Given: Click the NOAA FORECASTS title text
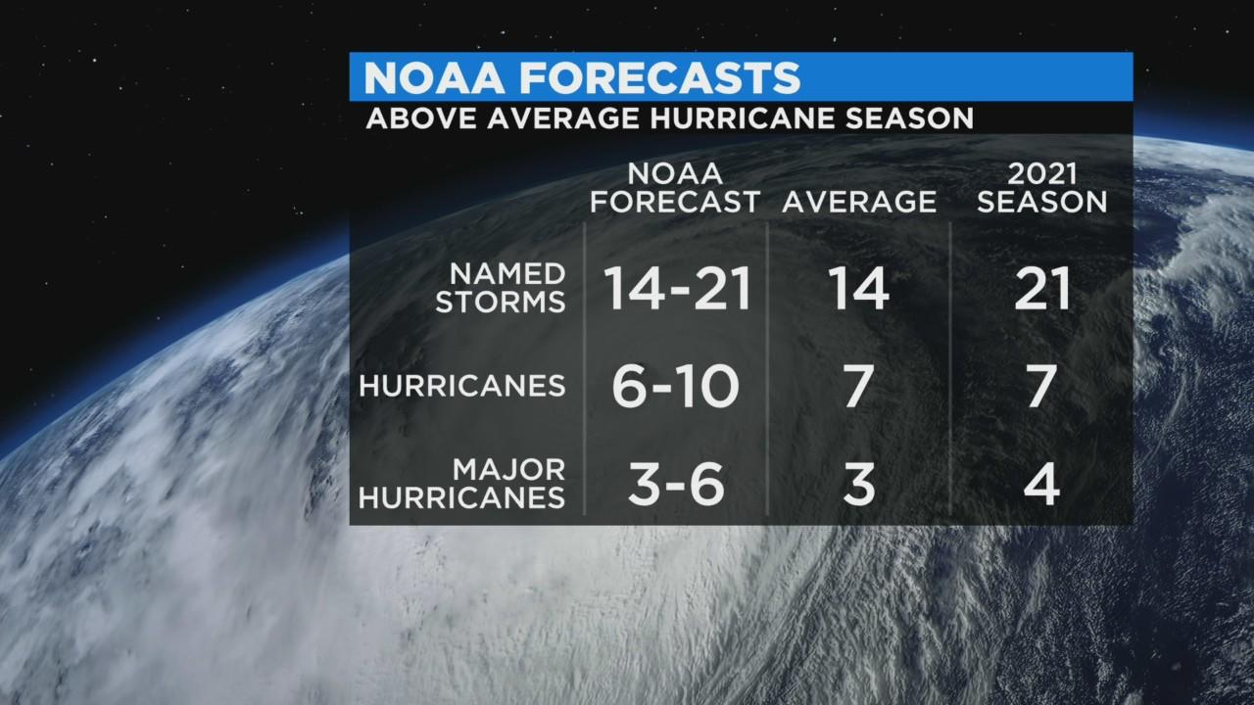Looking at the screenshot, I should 582,77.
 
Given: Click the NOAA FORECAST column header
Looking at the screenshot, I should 675,188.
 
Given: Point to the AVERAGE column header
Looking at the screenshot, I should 859,202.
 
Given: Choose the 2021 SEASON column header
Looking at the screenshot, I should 1041,188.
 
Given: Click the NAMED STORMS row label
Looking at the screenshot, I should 501,288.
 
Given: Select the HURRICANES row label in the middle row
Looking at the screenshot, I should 462,386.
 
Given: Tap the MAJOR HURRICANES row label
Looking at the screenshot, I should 462,484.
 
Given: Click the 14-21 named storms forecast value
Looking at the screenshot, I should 677,289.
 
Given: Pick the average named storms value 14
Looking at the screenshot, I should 858,289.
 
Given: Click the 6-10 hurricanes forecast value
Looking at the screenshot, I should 675,387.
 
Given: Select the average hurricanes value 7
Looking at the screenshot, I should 858,387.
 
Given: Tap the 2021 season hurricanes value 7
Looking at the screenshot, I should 1040,387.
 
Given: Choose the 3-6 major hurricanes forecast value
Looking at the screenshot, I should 675,485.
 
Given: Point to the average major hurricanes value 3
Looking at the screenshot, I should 858,485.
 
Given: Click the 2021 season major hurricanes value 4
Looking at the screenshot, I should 1040,485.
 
